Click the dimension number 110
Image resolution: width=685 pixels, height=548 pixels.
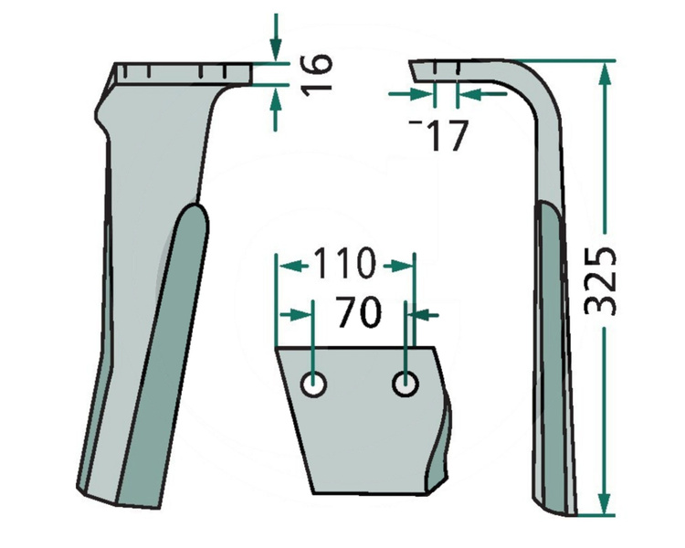(x=344, y=265)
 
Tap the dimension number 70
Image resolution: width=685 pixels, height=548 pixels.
(x=358, y=313)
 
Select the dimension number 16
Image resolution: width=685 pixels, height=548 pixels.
(x=312, y=76)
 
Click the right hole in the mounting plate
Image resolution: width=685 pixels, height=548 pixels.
(x=405, y=385)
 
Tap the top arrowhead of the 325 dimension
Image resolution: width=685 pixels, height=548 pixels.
(x=604, y=67)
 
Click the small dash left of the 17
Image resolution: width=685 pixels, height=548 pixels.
(x=416, y=121)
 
